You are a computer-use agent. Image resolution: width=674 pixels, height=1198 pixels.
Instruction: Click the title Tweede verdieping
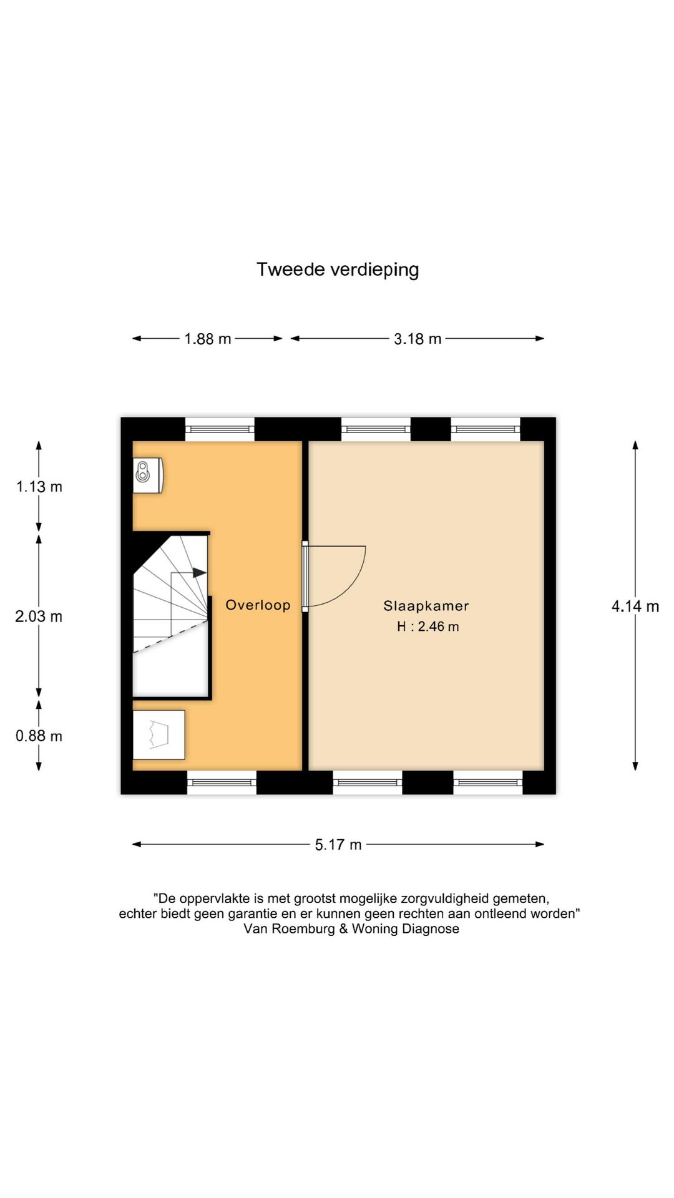(x=338, y=270)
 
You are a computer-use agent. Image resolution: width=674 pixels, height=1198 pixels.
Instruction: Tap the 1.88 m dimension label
(x=207, y=339)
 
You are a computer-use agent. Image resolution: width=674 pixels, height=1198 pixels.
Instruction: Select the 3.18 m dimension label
(x=418, y=339)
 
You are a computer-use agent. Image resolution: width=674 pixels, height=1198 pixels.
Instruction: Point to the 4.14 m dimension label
(x=635, y=606)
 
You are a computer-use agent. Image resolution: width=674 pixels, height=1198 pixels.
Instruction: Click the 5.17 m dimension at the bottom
(x=338, y=845)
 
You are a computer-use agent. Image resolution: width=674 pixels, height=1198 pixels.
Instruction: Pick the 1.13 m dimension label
(x=39, y=487)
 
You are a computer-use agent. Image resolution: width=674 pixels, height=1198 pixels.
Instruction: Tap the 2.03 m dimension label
(x=39, y=616)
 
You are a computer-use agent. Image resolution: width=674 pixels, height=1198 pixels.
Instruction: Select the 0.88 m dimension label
(x=39, y=736)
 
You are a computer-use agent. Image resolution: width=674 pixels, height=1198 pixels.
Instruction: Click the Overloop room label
(x=258, y=605)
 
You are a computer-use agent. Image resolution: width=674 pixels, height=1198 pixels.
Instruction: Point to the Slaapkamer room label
(x=426, y=606)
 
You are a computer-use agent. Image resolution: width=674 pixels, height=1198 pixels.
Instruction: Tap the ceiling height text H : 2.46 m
(x=427, y=626)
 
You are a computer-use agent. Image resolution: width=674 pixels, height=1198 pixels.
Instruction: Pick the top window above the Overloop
(x=220, y=429)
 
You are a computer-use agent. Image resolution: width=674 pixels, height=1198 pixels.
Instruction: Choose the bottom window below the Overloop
(x=222, y=782)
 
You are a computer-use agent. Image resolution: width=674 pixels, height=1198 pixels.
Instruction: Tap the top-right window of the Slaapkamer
(x=485, y=429)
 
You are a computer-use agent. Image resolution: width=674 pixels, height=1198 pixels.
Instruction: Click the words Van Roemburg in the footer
(x=290, y=928)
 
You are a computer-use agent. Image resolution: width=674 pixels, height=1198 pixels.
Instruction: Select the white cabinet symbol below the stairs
(x=159, y=734)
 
